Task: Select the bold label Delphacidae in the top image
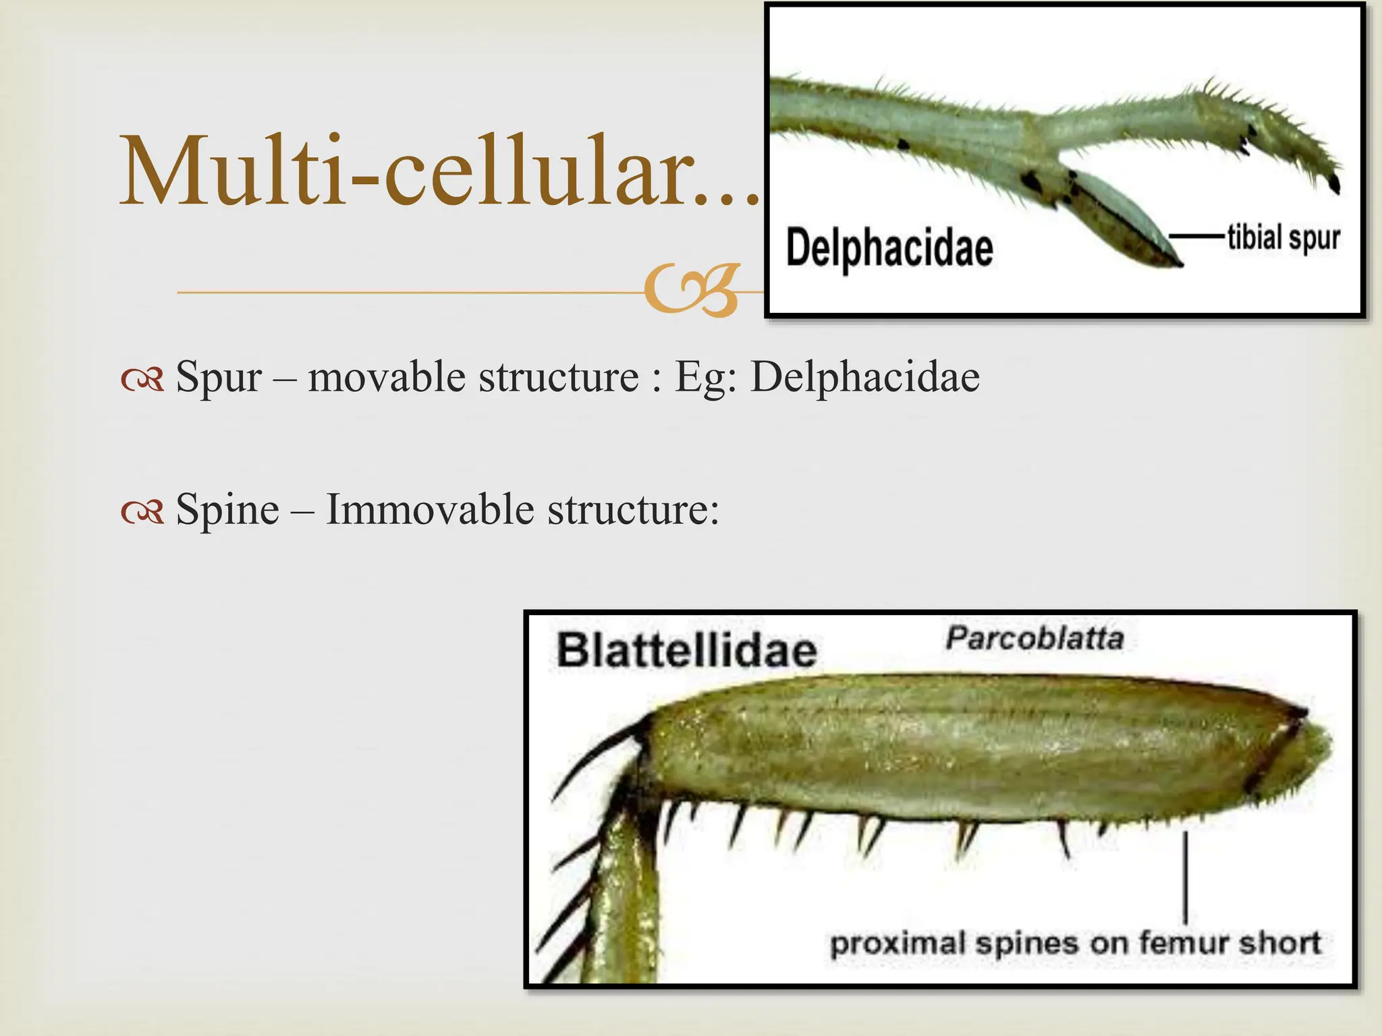[x=889, y=248]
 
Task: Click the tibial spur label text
[x=1283, y=237]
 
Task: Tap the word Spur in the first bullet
[x=218, y=377]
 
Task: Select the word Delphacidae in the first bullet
[x=864, y=377]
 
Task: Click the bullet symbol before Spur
[x=142, y=380]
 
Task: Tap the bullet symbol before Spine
[x=142, y=513]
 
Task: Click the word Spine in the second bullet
[x=227, y=510]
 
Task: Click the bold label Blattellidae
[x=686, y=652]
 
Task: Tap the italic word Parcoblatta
[x=1034, y=638]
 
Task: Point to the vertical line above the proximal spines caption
[x=1186, y=877]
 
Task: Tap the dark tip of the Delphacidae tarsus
[x=1333, y=183]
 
